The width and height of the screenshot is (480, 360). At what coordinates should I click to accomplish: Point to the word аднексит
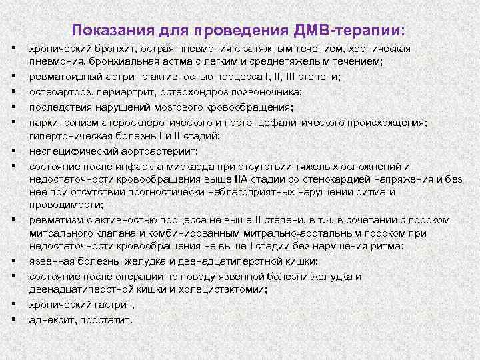coord(51,319)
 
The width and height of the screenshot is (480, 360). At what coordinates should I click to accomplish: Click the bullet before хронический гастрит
coord(13,304)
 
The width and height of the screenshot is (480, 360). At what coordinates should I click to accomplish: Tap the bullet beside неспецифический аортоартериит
coord(13,151)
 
